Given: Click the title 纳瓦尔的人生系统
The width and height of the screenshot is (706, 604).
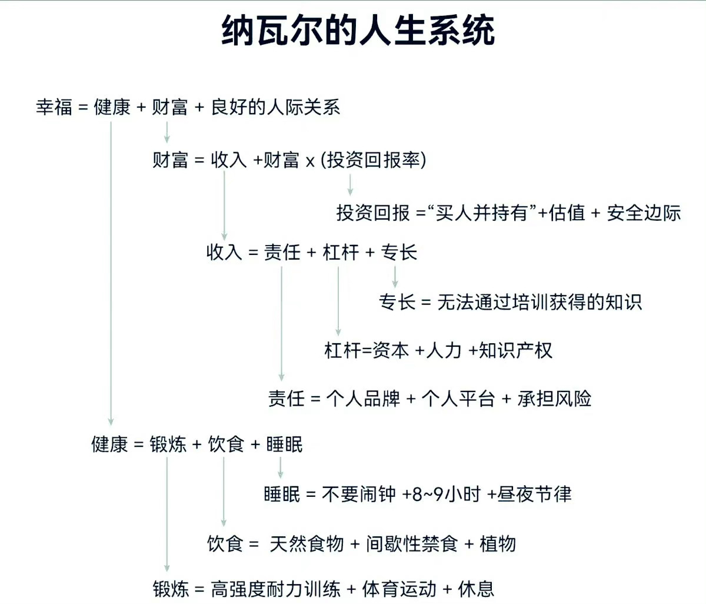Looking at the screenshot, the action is coord(358,31).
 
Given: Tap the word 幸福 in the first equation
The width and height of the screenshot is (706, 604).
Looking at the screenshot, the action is coord(54,107).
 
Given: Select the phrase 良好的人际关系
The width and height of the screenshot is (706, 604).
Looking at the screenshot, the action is coord(276,107).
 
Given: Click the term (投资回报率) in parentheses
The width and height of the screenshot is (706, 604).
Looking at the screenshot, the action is coord(374,160).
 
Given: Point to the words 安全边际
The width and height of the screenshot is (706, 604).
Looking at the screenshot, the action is coord(644,213).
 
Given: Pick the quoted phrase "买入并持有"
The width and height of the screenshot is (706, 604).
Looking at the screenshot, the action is coord(482,213).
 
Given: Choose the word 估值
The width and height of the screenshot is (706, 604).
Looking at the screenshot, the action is coord(567,213).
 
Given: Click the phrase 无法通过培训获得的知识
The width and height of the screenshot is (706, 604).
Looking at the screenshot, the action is coord(540,302).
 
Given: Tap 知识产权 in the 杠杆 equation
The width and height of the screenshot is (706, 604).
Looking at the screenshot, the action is coord(515,350).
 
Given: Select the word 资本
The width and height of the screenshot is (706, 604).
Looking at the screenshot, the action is coord(391,350).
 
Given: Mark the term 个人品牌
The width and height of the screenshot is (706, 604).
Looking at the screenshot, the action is coord(363,399).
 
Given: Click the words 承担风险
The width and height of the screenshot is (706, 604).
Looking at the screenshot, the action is coord(554,399).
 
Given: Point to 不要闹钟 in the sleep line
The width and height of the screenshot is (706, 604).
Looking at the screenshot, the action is coord(358,495).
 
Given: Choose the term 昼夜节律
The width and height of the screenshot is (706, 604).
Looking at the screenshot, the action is coord(534,495).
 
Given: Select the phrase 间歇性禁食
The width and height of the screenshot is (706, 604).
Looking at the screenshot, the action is coord(412,544).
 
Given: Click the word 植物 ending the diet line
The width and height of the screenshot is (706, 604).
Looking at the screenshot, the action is coord(497,544).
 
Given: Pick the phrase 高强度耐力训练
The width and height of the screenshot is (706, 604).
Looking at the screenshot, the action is coord(276,589).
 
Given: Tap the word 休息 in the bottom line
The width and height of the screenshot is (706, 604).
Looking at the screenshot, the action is coord(476,589).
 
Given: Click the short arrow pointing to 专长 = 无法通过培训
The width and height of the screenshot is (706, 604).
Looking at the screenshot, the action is coord(395,277).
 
